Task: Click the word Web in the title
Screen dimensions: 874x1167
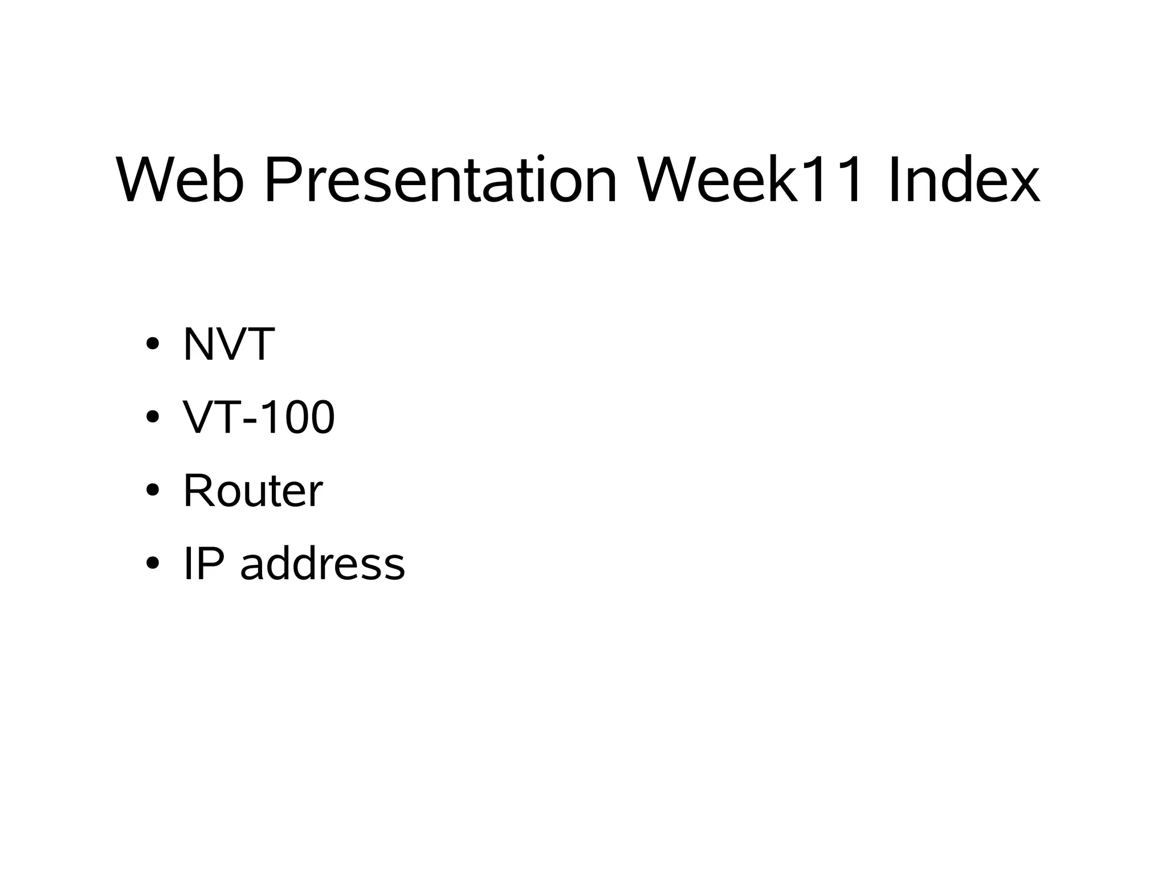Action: coord(179,180)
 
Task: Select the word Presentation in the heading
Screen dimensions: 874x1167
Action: coord(440,180)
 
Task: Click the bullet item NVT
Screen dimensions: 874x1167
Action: coord(228,344)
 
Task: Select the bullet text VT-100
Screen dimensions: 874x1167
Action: coord(259,417)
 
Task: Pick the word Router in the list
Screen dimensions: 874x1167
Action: coord(252,490)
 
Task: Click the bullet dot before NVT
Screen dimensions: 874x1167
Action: coord(152,344)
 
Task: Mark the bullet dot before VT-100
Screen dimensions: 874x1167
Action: coord(152,417)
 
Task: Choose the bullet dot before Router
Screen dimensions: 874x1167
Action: coord(152,490)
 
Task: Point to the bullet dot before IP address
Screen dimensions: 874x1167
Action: coord(152,564)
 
